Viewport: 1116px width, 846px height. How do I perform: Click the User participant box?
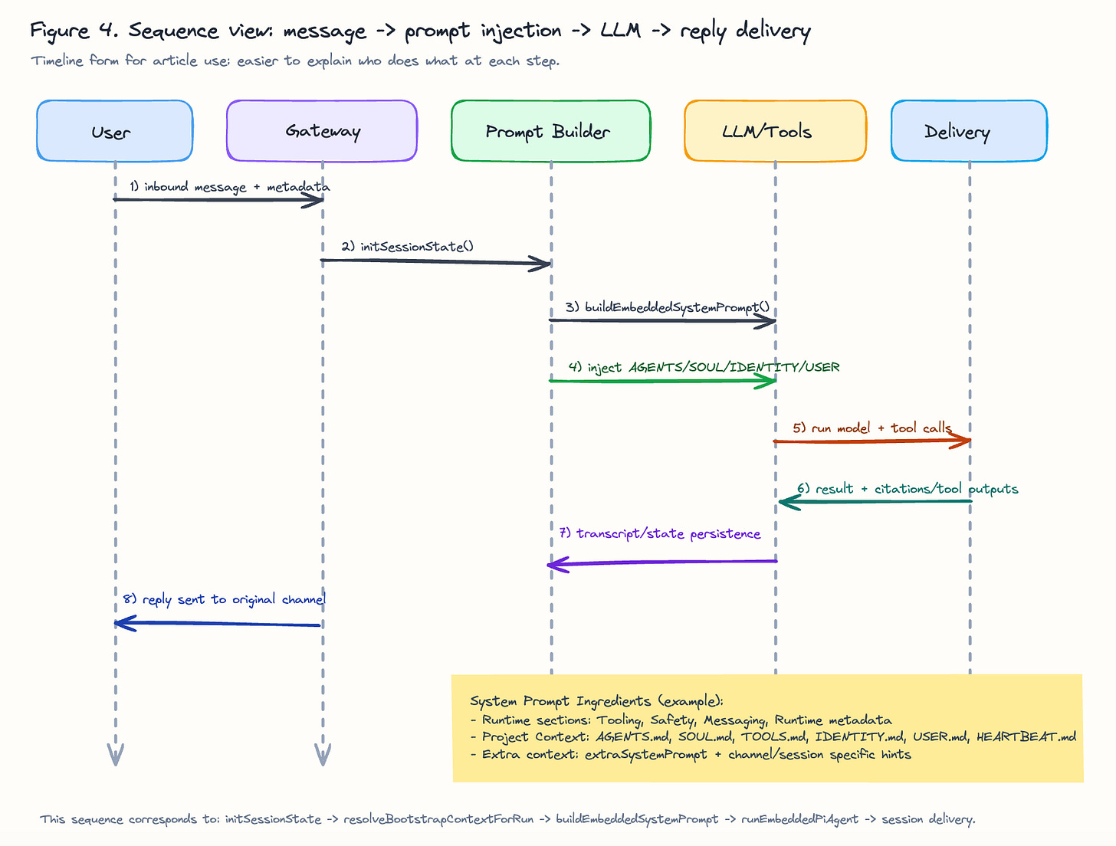(x=115, y=130)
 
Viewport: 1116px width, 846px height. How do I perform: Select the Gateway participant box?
(x=322, y=130)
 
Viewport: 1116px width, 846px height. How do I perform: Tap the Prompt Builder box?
(x=550, y=130)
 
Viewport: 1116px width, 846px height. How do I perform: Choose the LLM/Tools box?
(x=776, y=130)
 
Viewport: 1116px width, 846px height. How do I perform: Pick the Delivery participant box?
(x=969, y=130)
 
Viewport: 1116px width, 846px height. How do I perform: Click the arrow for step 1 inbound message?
(x=218, y=200)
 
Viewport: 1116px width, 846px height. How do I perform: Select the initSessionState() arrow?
(x=435, y=261)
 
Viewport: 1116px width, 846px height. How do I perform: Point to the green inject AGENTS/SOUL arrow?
(x=662, y=381)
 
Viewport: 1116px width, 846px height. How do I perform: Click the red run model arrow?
(x=872, y=441)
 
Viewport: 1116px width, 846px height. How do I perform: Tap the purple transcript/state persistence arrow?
(x=662, y=563)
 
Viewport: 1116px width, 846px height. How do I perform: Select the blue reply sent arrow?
(x=217, y=624)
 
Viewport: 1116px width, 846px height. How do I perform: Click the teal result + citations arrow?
(x=875, y=502)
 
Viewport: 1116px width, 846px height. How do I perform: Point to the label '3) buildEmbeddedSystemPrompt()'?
(x=668, y=307)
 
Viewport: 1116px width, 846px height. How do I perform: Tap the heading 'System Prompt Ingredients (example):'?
(x=596, y=702)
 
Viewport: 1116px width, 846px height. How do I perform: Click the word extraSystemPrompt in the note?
(x=645, y=755)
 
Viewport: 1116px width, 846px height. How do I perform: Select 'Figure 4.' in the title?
(x=74, y=31)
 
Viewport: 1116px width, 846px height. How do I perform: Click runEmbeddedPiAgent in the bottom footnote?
(x=799, y=819)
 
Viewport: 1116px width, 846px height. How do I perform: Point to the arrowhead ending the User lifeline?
(x=116, y=754)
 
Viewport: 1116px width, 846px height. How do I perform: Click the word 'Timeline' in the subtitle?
(x=57, y=61)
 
